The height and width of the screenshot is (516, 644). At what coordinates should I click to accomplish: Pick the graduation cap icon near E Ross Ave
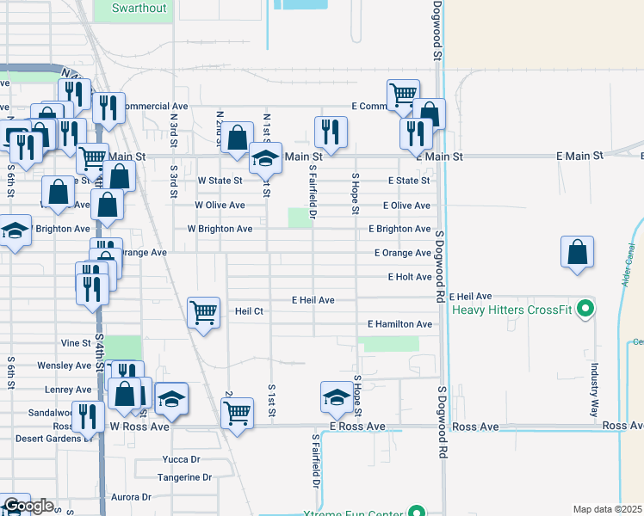point(335,396)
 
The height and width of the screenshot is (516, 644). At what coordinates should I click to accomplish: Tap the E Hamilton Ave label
point(399,324)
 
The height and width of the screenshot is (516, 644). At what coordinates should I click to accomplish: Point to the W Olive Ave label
point(220,206)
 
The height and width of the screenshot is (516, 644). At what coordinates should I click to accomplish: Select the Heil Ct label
point(248,311)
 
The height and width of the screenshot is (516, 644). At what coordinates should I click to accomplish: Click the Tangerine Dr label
point(184,477)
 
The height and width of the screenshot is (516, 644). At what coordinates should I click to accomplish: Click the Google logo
point(28,506)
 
